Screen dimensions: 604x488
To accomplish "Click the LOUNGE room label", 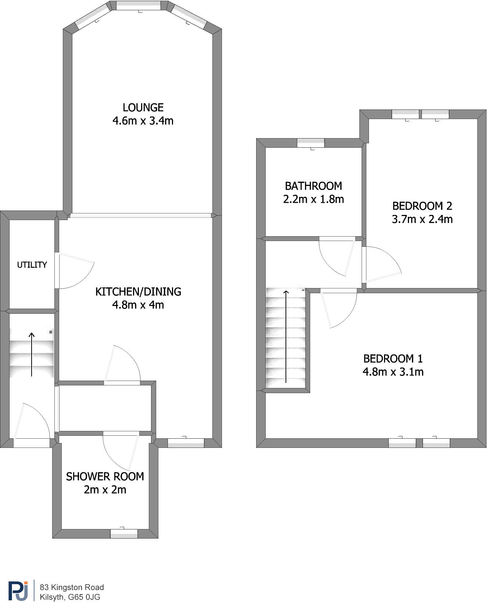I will (x=143, y=108).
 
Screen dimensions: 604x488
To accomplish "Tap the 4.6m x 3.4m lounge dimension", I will (x=143, y=121).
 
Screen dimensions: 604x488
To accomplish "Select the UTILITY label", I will (x=32, y=265).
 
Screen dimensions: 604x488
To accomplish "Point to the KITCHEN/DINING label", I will (x=138, y=292).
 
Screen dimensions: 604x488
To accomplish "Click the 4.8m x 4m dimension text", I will (x=138, y=305).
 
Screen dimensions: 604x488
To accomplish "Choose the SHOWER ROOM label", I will (x=105, y=477).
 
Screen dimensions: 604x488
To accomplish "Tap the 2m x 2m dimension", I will (x=105, y=490).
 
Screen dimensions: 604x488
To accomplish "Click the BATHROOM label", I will (x=313, y=186).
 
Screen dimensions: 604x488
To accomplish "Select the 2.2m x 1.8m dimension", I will (x=313, y=199).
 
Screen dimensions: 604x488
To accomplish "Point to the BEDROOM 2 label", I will (x=422, y=206).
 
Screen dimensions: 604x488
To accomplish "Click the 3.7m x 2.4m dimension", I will (x=422, y=219).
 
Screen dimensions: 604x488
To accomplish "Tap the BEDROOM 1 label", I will (x=393, y=359).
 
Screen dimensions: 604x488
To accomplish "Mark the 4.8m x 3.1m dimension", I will (x=393, y=372).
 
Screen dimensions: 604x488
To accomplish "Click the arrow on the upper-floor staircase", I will (x=286, y=336).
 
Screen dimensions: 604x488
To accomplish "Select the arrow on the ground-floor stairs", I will (x=32, y=355).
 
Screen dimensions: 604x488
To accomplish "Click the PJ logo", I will (x=18, y=590).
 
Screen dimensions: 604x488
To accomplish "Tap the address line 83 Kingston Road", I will (x=72, y=587).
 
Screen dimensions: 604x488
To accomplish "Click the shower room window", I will (x=124, y=533).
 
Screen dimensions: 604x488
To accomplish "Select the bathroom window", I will (x=311, y=143).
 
